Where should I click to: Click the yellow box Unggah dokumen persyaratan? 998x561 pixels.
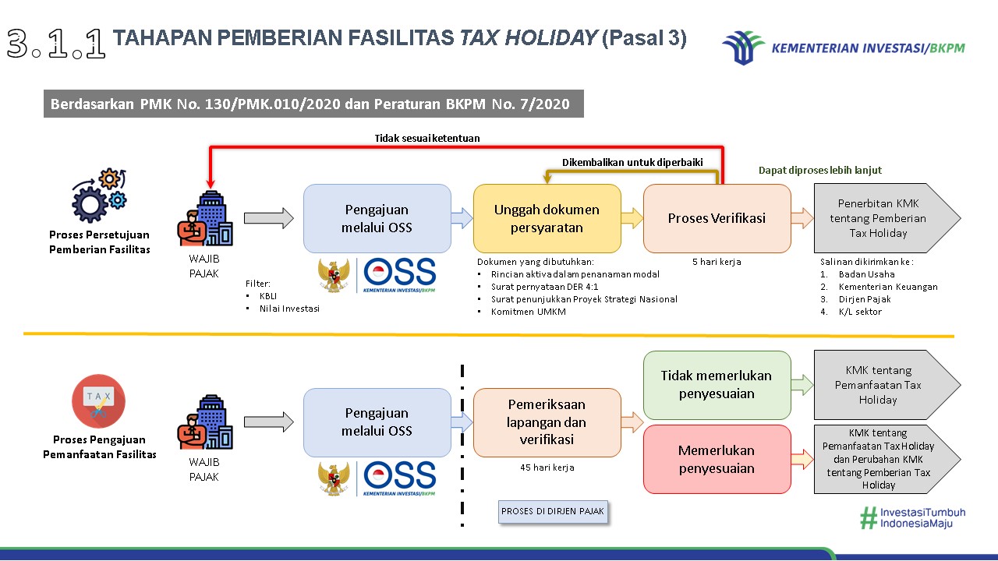click(x=547, y=218)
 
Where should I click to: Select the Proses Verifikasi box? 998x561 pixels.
click(x=717, y=218)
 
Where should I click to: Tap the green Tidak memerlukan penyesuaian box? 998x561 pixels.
click(x=717, y=384)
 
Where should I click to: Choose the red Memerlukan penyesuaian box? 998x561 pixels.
click(x=717, y=459)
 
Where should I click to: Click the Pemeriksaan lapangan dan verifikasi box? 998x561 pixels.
click(x=547, y=422)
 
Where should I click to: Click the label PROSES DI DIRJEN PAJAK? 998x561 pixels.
click(x=553, y=511)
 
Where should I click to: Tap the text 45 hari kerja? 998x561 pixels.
click(x=547, y=467)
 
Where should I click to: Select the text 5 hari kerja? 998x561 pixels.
click(x=717, y=262)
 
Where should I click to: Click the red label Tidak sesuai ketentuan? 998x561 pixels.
click(x=426, y=138)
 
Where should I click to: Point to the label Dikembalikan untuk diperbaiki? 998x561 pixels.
click(x=632, y=162)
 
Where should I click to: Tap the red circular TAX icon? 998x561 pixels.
click(x=99, y=401)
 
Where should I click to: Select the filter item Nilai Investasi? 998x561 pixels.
click(x=289, y=309)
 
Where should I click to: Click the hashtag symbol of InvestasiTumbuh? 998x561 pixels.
click(x=868, y=518)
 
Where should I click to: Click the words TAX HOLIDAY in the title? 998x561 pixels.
click(x=528, y=38)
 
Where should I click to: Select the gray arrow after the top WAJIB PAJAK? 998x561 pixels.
click(x=268, y=218)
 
